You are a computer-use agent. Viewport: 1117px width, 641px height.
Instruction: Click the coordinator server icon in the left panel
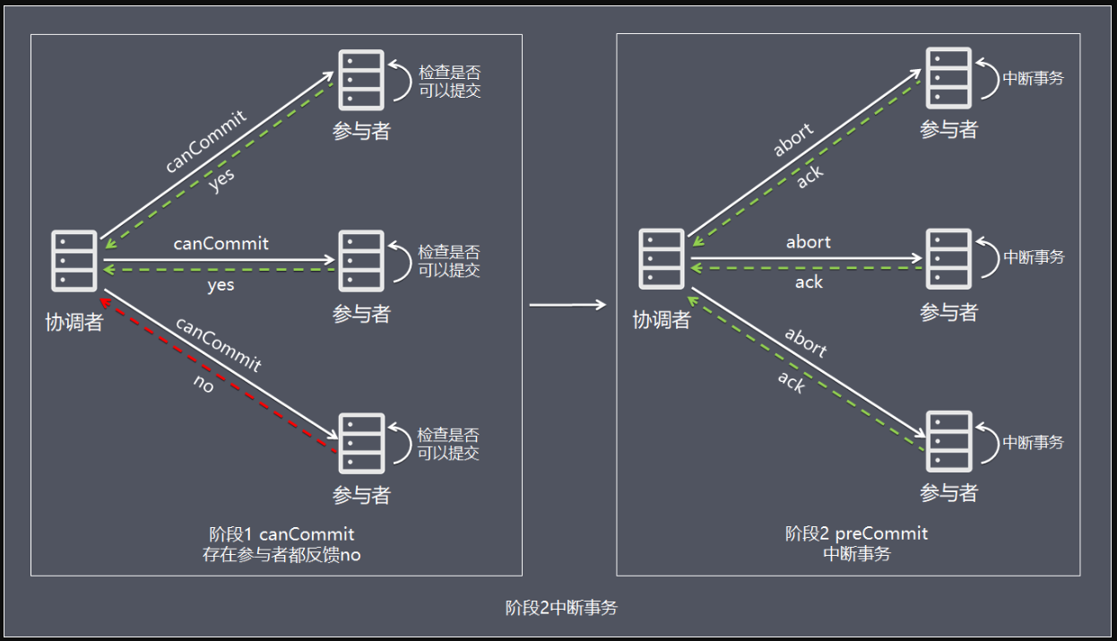tap(74, 260)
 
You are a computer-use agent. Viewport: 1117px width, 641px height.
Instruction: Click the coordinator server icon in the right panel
tap(661, 259)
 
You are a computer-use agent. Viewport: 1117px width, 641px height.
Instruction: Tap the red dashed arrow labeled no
tap(219, 371)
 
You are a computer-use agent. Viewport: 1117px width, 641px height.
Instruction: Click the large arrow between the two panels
tap(568, 306)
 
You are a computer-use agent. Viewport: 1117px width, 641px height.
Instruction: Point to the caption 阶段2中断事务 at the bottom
tap(561, 608)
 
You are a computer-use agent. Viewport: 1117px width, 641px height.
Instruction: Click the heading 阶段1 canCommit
tap(281, 535)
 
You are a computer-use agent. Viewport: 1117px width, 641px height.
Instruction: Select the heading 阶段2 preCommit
tap(856, 533)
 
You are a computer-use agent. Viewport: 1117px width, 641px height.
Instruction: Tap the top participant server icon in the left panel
tap(361, 80)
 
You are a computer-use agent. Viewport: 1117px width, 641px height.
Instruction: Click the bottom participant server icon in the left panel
tap(361, 443)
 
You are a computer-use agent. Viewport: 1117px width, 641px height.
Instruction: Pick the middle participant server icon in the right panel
tap(948, 258)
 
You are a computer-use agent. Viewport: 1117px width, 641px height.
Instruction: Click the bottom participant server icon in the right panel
tap(948, 440)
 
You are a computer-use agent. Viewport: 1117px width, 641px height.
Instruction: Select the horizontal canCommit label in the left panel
tap(221, 244)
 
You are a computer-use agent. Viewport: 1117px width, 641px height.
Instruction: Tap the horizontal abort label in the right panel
tap(809, 242)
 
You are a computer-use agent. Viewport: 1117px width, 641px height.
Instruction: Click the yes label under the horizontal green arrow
tap(221, 285)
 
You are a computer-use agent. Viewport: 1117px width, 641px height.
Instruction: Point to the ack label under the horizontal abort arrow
tap(809, 282)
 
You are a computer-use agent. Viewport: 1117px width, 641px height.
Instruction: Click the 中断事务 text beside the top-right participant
tap(1034, 79)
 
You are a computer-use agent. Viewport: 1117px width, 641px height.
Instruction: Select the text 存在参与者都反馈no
tap(281, 555)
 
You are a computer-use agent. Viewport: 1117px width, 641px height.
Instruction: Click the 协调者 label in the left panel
tap(74, 323)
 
